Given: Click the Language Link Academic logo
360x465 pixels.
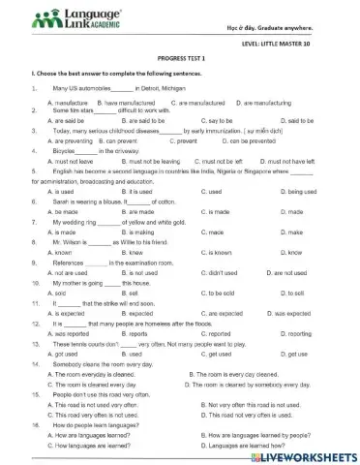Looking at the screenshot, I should pyautogui.click(x=67, y=18).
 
